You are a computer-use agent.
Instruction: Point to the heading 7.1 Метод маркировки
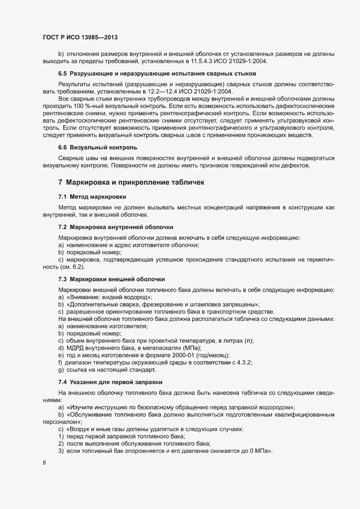[x=92, y=196]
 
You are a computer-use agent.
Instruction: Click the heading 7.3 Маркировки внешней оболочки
[x=112, y=278]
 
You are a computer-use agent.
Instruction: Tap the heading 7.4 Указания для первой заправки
[x=110, y=382]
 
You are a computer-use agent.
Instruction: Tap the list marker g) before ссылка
[x=61, y=370]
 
